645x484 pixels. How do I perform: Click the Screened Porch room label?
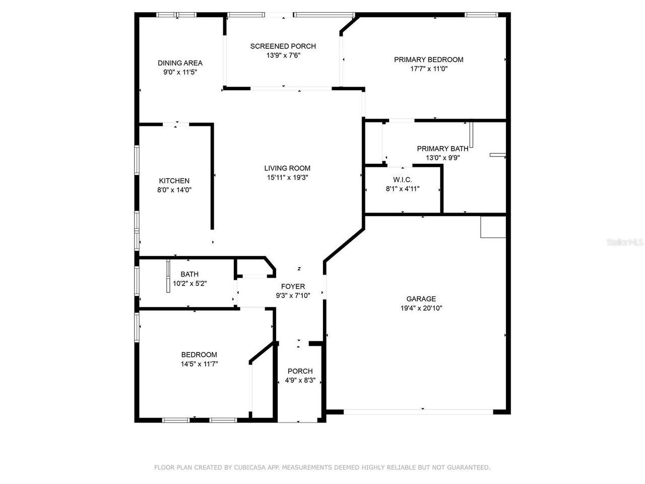(283, 46)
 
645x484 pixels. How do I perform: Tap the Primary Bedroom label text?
(428, 59)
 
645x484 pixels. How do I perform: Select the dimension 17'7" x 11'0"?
(428, 69)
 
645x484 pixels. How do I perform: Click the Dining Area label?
(180, 63)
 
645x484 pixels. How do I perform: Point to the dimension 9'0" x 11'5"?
(180, 72)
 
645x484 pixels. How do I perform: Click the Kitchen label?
(174, 181)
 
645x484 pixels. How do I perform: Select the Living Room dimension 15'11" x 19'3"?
(287, 177)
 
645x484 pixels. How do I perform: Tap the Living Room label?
(287, 168)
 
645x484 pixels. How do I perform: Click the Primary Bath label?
(442, 149)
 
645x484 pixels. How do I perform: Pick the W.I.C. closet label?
(403, 180)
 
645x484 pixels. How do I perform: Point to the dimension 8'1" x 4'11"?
(403, 189)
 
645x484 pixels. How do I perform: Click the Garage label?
(421, 299)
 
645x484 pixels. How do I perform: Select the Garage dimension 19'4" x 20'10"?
(421, 308)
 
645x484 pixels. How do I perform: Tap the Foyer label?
(293, 287)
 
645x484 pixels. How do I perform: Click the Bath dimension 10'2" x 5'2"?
(189, 283)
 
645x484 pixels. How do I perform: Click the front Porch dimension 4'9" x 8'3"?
(300, 380)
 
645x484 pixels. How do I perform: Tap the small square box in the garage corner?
(493, 227)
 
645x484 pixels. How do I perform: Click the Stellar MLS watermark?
(625, 243)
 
